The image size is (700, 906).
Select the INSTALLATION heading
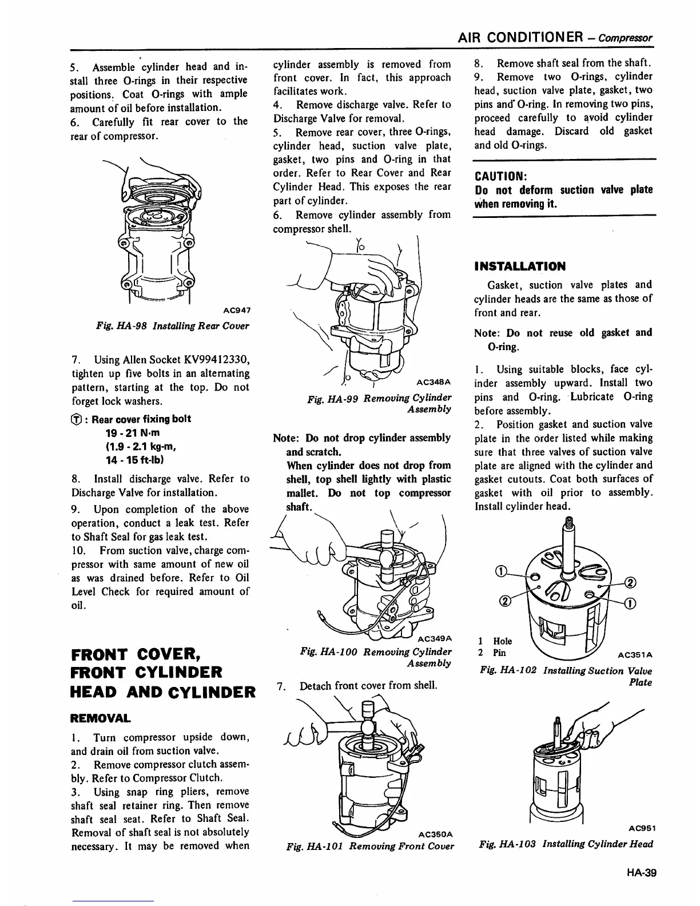click(x=520, y=266)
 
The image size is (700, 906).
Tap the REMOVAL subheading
click(x=100, y=718)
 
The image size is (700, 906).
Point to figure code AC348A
click(x=434, y=382)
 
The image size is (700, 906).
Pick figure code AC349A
click(x=435, y=638)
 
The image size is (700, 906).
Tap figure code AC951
click(x=640, y=827)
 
